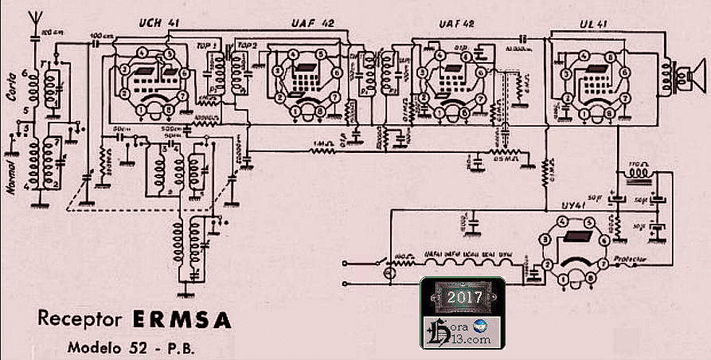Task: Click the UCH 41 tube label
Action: pyautogui.click(x=157, y=22)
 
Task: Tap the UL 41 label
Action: pyautogui.click(x=586, y=24)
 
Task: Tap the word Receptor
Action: pyautogui.click(x=80, y=320)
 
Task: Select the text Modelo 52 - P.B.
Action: pyautogui.click(x=131, y=348)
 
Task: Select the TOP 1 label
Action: pyautogui.click(x=209, y=46)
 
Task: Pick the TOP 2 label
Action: pyautogui.click(x=249, y=46)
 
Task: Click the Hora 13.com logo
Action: pyautogui.click(x=462, y=331)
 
